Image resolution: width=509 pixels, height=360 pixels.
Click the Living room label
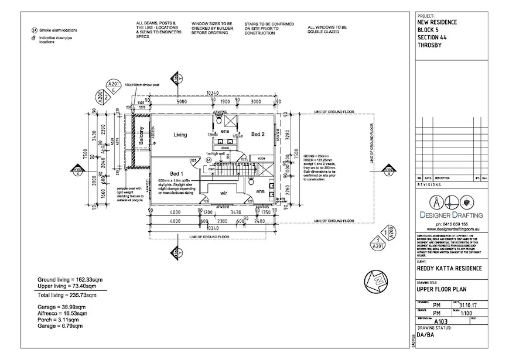coord(180,135)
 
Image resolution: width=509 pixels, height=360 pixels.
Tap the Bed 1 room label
coord(177,174)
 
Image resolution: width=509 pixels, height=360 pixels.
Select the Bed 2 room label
coord(258,135)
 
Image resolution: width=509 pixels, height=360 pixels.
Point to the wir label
coord(224,192)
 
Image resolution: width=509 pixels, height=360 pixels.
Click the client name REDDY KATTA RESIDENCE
coord(449,269)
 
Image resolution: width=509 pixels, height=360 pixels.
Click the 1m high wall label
coord(215,154)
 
